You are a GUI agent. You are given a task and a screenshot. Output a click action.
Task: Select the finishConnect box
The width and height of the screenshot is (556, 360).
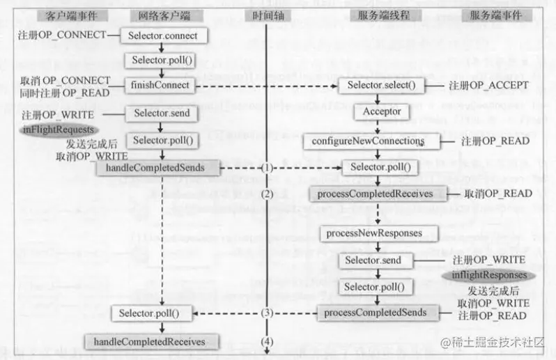(161, 86)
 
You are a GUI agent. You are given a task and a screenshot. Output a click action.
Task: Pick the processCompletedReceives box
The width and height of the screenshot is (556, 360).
(380, 193)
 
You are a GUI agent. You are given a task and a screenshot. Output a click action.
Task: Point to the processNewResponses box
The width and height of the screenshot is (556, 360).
(379, 233)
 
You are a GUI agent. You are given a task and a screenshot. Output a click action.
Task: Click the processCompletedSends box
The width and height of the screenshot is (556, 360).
(380, 312)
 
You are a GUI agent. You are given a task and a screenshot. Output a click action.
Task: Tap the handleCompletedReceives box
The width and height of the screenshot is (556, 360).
(150, 341)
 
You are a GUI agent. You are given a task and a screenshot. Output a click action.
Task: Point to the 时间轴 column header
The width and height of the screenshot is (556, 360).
(268, 15)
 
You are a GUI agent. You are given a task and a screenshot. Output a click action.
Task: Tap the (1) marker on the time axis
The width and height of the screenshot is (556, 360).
(268, 168)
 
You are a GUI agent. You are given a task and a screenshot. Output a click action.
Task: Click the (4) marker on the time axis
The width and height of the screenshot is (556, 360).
(268, 341)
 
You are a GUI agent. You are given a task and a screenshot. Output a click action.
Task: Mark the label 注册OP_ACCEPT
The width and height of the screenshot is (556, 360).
(488, 86)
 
